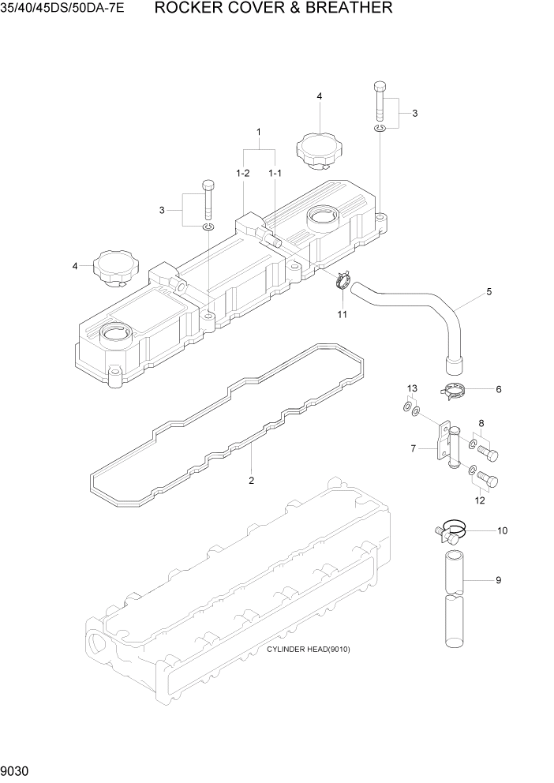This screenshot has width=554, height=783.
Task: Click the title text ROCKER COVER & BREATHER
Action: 273,9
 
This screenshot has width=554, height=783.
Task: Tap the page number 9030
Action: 17,770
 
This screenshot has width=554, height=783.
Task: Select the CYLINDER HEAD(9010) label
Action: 308,650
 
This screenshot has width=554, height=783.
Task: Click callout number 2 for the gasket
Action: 252,480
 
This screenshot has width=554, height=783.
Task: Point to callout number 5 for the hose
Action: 488,292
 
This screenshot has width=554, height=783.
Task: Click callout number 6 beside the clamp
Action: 499,389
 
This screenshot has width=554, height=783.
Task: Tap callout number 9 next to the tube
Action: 499,581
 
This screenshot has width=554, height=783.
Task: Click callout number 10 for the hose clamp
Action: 502,530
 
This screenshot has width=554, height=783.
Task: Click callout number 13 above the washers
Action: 412,388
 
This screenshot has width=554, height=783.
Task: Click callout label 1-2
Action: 242,172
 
